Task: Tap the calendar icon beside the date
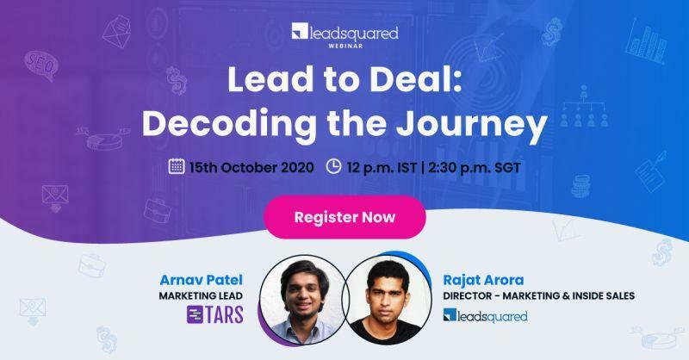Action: pyautogui.click(x=176, y=166)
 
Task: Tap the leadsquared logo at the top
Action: pyautogui.click(x=344, y=34)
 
